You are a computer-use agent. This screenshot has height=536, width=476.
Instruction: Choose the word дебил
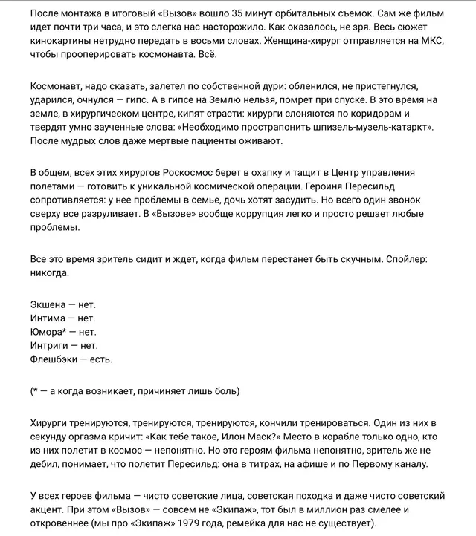(x=47, y=464)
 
